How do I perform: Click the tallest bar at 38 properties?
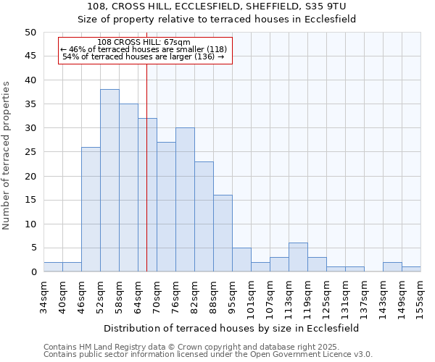tap(109, 181)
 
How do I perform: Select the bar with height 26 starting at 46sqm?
tap(91, 210)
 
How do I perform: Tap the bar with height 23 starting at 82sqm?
tap(204, 217)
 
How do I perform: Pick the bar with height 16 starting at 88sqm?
tap(223, 234)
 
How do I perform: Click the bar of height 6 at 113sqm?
tap(298, 258)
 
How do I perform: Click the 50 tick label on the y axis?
tap(30, 33)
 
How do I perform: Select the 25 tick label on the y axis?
tap(30, 152)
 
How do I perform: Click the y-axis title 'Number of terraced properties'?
tap(7, 155)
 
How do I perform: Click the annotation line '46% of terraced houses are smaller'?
tap(144, 49)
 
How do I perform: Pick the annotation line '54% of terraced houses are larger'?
tap(144, 56)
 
